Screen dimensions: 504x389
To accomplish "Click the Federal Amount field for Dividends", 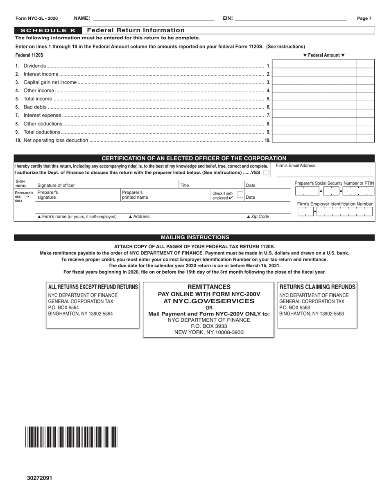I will coord(314,64).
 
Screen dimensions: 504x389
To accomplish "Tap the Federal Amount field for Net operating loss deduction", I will coord(314,139).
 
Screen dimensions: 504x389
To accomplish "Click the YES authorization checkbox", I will coord(266,173).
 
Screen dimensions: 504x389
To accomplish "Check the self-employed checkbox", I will coord(240,194).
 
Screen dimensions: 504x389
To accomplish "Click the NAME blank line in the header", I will coord(154,18).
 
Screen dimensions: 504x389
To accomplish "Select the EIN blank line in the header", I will coord(291,18).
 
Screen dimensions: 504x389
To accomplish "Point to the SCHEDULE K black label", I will coord(48,30).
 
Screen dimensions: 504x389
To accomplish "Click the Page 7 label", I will coord(364,18).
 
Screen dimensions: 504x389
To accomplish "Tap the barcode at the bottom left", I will coord(71,437).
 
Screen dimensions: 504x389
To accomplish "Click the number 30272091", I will coord(40,478).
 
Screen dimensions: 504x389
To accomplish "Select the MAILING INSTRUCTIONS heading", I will coord(194,237).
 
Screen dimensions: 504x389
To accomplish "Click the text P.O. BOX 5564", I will coord(63,307).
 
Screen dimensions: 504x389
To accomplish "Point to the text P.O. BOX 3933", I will coord(208,326).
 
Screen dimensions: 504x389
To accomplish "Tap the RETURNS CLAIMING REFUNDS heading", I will coord(317,287).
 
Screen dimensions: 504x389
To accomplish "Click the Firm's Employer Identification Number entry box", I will coord(335,211).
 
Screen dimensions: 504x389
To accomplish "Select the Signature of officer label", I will coord(56,185).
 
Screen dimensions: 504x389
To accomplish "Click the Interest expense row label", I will coord(42,116).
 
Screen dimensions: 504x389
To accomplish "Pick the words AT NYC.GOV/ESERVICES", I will coord(208,301).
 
